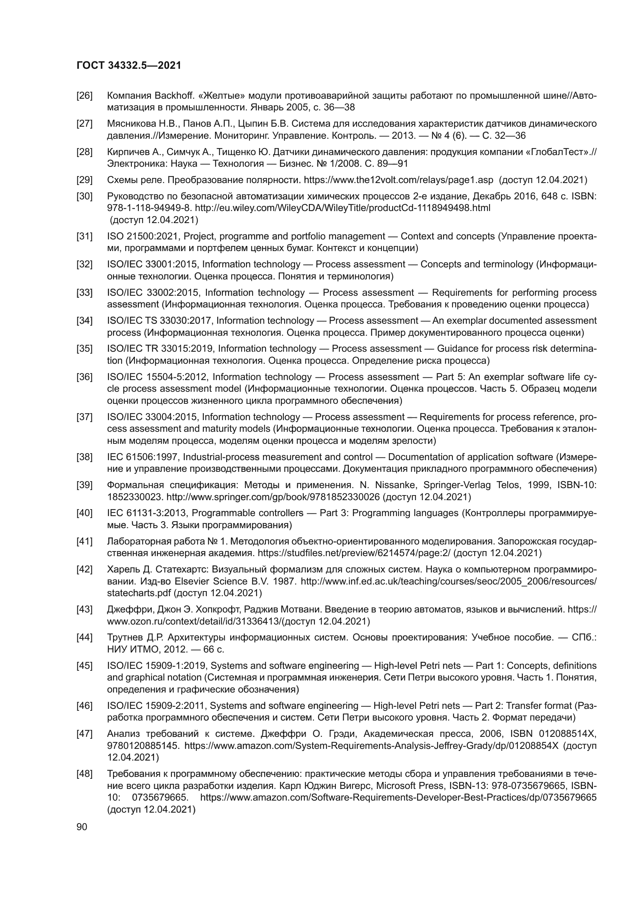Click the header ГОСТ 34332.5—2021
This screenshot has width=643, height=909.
[x=129, y=66]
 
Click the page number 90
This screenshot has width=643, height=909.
[x=82, y=827]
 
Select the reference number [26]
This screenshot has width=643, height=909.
[x=84, y=96]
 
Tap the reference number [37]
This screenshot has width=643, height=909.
[x=84, y=417]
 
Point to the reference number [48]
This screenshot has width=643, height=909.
[x=84, y=774]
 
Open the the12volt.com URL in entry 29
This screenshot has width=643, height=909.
[x=398, y=180]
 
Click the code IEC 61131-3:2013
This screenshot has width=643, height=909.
[x=148, y=513]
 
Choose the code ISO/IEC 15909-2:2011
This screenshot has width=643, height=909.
[x=156, y=706]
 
